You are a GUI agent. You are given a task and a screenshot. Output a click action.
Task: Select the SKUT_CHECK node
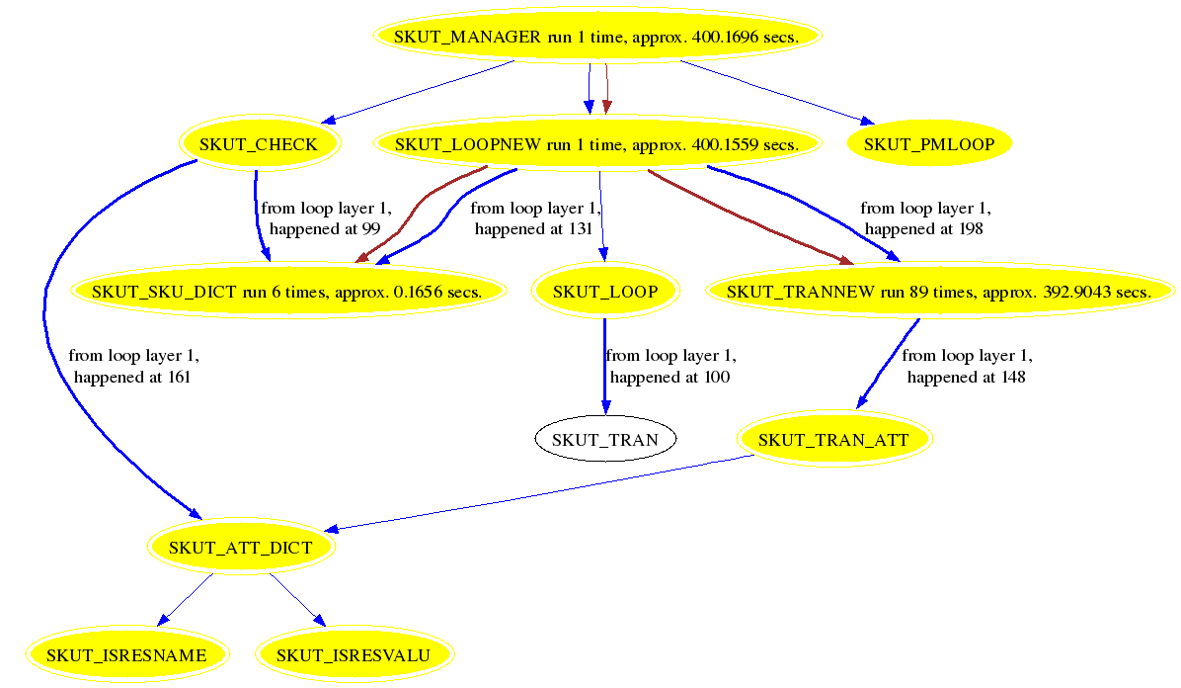[259, 144]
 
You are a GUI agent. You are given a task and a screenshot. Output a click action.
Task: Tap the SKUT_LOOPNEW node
[596, 144]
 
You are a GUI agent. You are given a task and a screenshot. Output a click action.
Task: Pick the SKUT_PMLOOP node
[928, 144]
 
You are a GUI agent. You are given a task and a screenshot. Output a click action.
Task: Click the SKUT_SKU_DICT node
[286, 292]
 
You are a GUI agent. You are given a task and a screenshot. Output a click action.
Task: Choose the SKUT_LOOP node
[604, 292]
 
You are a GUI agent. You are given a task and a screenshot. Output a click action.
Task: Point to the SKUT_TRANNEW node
[938, 292]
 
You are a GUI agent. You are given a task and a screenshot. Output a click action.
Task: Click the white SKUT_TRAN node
[604, 439]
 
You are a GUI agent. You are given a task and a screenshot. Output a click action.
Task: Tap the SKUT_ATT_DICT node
[241, 547]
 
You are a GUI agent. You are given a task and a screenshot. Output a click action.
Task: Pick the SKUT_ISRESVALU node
[354, 654]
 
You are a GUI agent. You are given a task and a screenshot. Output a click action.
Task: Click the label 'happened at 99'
[326, 228]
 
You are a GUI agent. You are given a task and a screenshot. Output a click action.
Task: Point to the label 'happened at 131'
[533, 228]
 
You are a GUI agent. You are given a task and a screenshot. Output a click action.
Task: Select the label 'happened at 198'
[924, 228]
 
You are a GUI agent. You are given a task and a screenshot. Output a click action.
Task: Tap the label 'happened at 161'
[131, 377]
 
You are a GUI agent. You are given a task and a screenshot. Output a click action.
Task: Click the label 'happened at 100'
[669, 377]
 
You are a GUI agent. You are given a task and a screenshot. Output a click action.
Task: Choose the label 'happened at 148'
[966, 377]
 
